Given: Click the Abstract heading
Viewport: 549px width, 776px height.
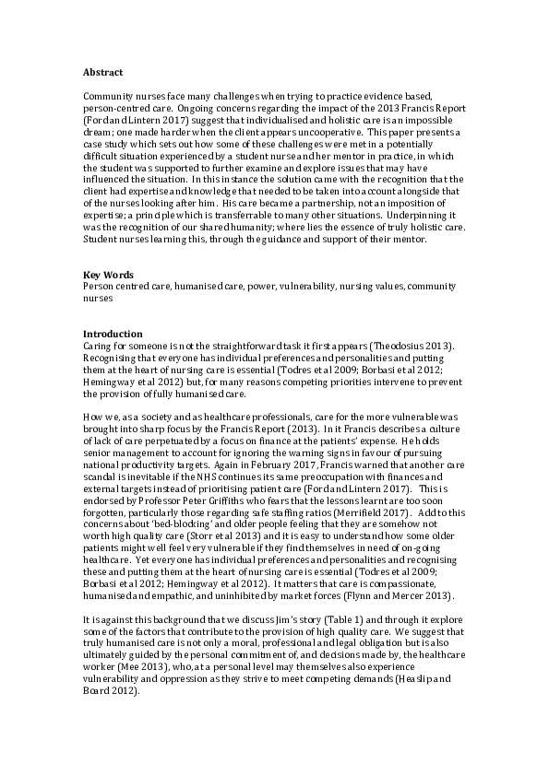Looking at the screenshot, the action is click(101, 71).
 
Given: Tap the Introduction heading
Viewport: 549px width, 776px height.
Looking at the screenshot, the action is click(113, 334).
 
